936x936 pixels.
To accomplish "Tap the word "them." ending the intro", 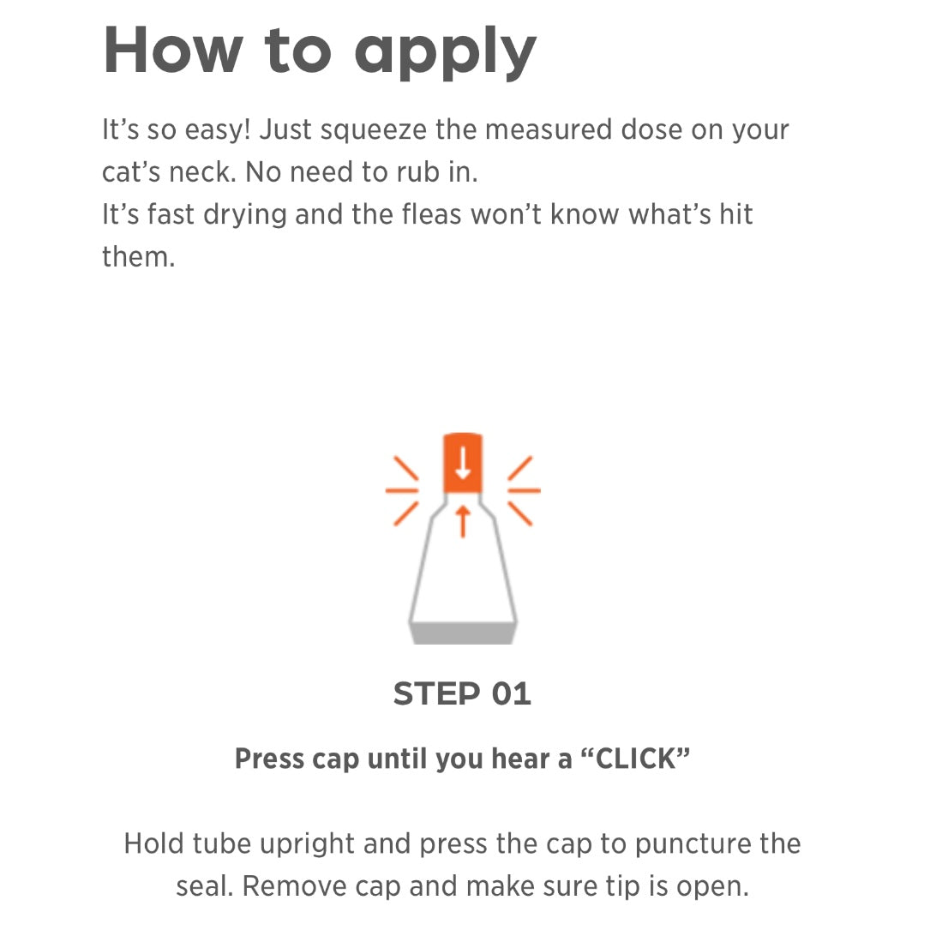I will (138, 255).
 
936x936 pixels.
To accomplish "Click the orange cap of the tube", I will (462, 464).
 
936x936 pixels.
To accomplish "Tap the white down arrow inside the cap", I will (463, 464).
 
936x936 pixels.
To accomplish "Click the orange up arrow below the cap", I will (463, 520).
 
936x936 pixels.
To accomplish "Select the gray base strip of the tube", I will (463, 633).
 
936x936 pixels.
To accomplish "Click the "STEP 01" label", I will (462, 693).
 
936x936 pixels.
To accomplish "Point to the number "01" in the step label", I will (512, 693).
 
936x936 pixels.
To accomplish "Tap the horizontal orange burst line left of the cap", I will (401, 490).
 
